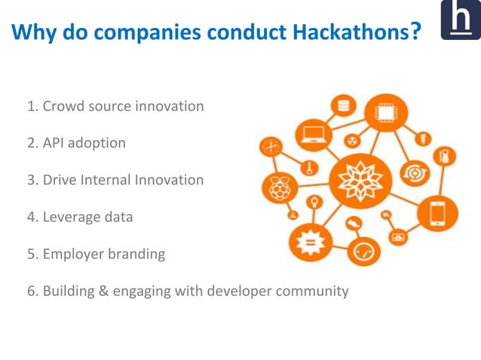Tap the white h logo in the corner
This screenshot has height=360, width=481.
click(x=460, y=20)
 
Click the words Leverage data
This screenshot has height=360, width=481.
click(x=87, y=217)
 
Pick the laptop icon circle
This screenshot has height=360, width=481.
click(x=312, y=136)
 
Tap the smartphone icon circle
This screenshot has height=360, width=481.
click(x=437, y=213)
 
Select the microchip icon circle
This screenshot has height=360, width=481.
click(x=385, y=114)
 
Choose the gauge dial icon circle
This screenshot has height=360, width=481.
click(x=363, y=250)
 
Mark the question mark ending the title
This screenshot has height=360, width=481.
click(x=415, y=32)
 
